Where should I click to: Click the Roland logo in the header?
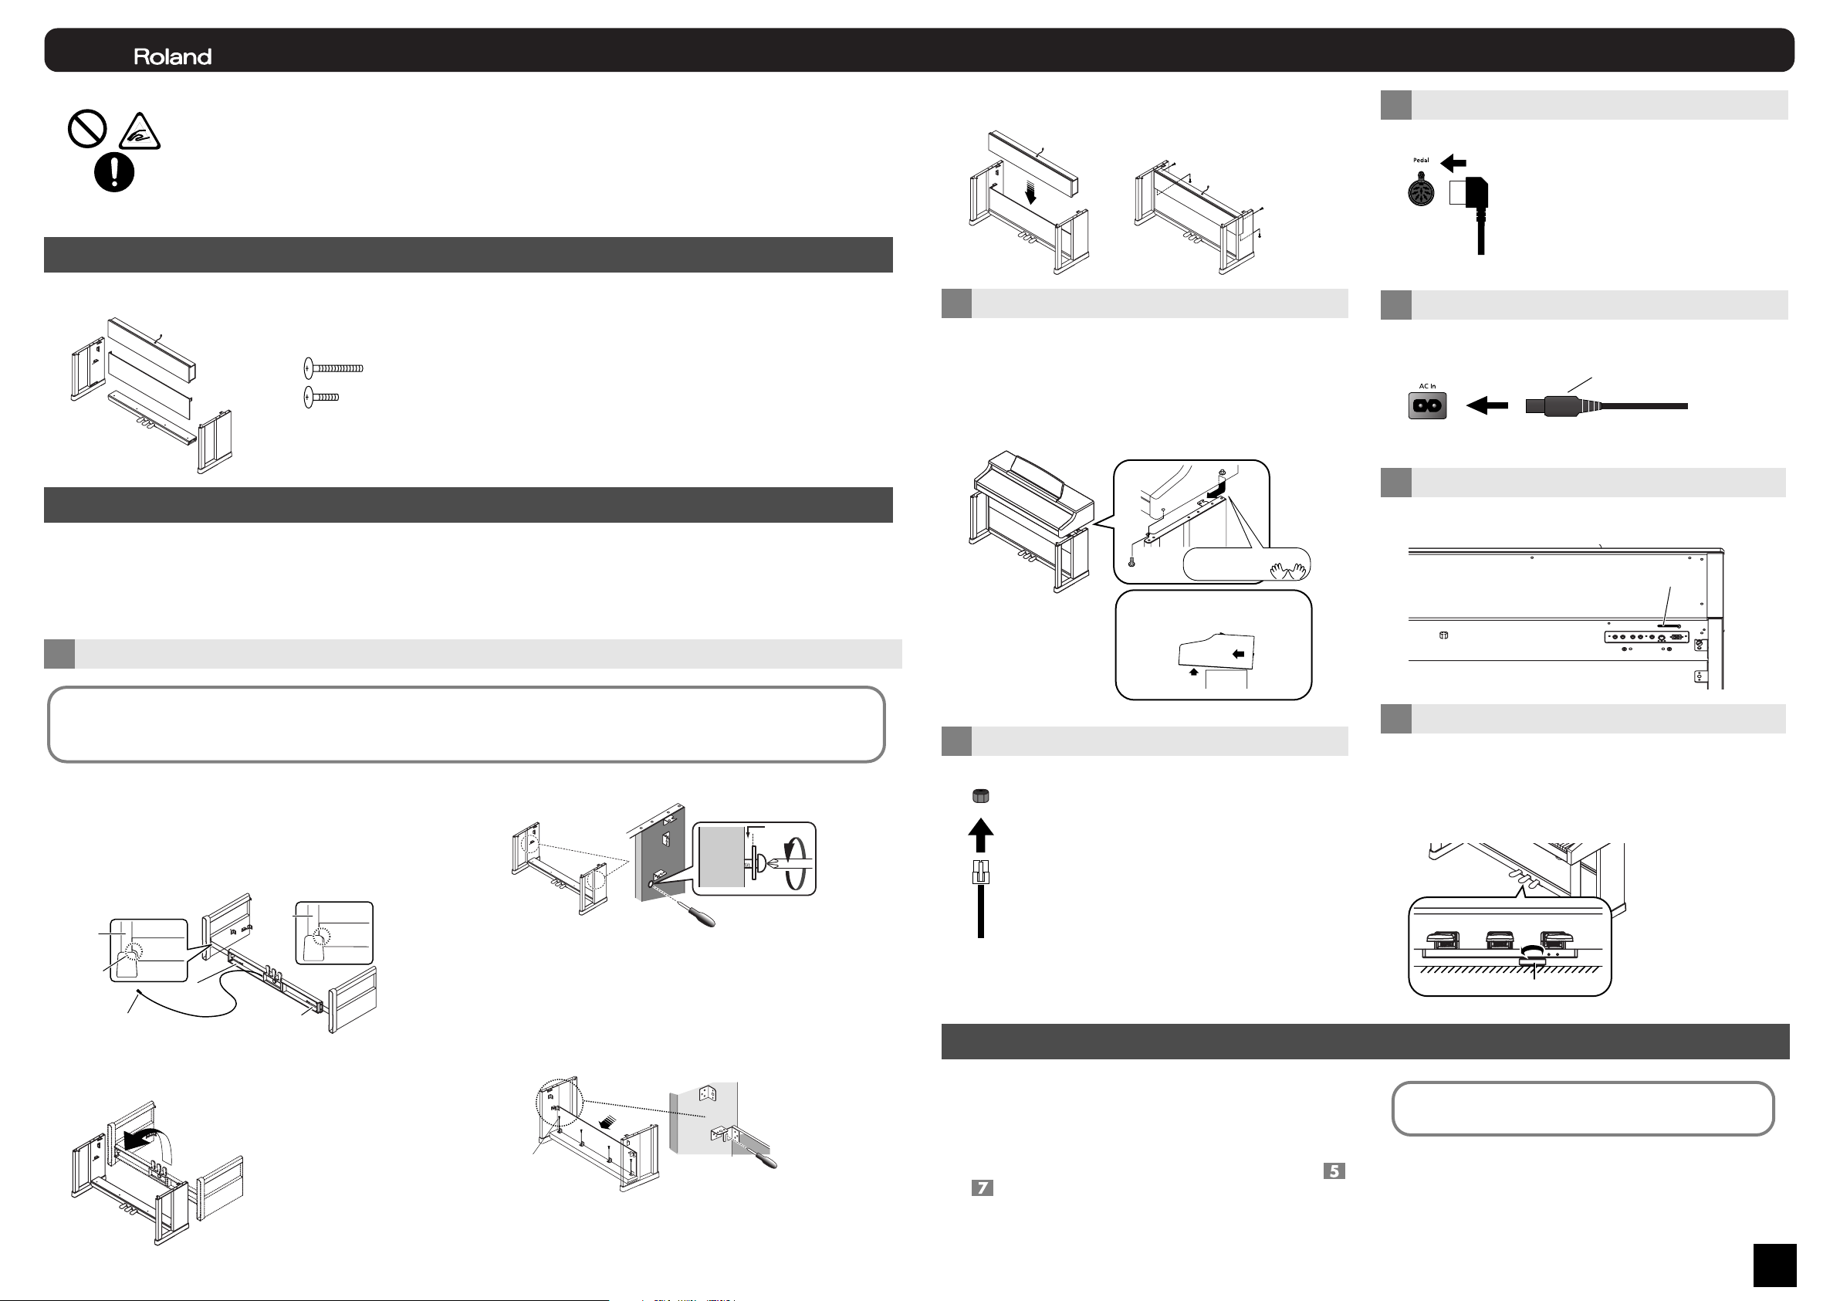click(172, 57)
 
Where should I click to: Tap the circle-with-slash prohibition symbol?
click(87, 129)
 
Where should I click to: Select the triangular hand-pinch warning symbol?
click(140, 131)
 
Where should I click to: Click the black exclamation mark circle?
click(114, 171)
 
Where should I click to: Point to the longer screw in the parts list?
click(333, 368)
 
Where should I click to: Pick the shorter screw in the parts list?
click(321, 397)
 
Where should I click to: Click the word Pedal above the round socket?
click(1421, 161)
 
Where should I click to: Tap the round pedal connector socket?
click(1422, 191)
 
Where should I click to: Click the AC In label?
click(1427, 386)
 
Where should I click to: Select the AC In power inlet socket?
click(1427, 405)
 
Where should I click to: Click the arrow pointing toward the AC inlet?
click(1487, 405)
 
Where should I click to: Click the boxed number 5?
click(1334, 1171)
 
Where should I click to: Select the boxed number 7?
click(983, 1188)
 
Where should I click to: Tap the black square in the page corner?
click(1774, 1265)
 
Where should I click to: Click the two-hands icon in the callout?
click(1288, 570)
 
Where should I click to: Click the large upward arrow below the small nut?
click(981, 835)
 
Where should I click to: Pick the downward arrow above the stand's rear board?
click(1030, 192)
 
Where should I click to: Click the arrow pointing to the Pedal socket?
click(1453, 164)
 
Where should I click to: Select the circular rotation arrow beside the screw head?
click(794, 861)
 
